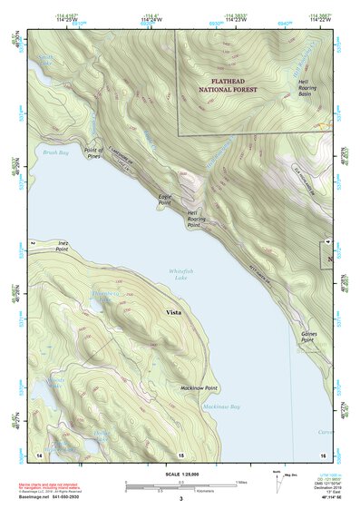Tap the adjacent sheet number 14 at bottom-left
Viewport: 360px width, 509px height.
tap(38, 453)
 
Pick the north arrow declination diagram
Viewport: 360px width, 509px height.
tap(277, 482)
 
